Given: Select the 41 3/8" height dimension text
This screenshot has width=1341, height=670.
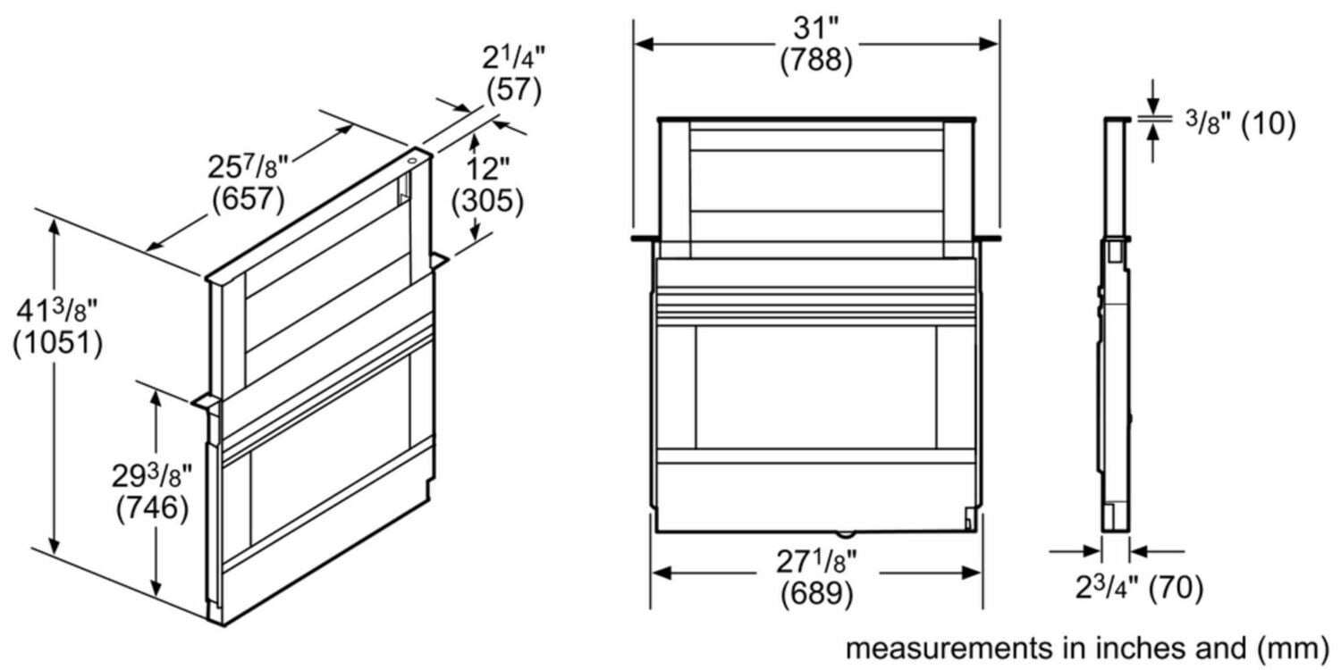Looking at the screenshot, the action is tap(57, 311).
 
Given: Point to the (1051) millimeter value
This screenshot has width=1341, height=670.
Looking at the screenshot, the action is tap(57, 344).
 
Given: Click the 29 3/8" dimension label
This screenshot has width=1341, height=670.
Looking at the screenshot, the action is tap(152, 476).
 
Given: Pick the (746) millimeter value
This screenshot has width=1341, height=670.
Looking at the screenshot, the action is tap(152, 509).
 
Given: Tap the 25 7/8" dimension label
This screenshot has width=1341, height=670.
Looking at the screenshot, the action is tap(248, 167).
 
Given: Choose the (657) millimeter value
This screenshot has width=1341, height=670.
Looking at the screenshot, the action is tap(248, 199).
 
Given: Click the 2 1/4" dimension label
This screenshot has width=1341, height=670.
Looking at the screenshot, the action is tap(514, 58).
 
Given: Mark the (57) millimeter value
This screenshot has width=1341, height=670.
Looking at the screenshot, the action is tap(514, 90).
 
